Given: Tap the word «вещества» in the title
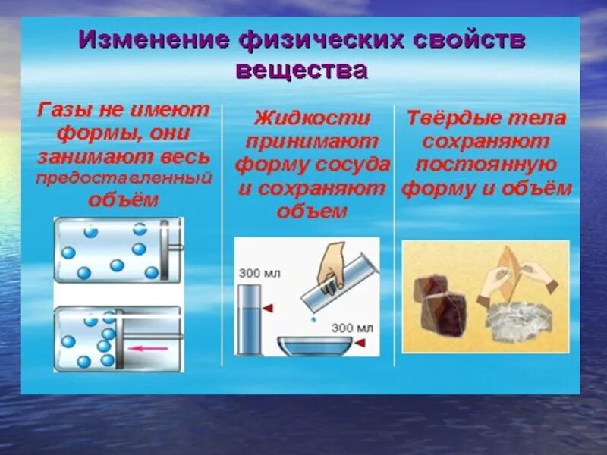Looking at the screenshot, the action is pos(301,70).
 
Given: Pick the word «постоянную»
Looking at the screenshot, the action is pos(486,164).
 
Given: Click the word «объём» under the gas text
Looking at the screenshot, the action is pos(124,200).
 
